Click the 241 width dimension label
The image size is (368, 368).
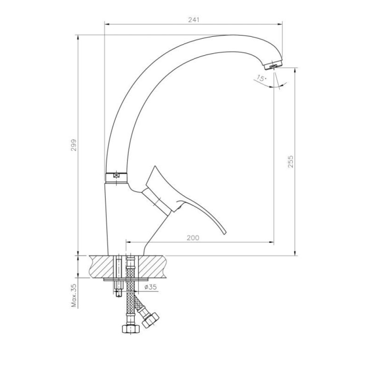(x=194, y=20)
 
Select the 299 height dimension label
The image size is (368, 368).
(x=74, y=145)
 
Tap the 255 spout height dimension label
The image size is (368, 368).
(x=291, y=161)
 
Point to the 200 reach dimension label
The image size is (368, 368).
(x=193, y=238)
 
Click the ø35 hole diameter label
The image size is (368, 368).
(x=150, y=287)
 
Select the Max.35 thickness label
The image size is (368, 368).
(x=74, y=296)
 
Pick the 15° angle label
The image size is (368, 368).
(x=261, y=78)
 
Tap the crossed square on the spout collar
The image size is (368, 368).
(x=116, y=175)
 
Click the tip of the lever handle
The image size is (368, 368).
(x=225, y=233)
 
